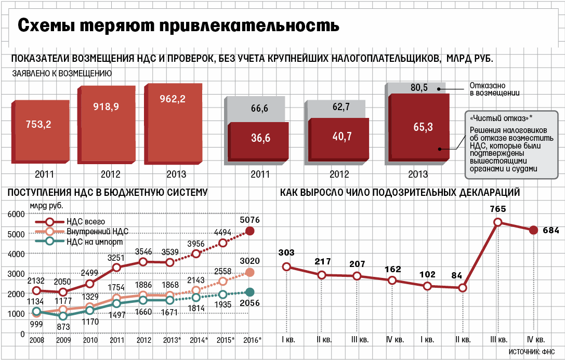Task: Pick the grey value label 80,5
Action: tap(419, 88)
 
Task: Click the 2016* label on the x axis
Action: tap(253, 341)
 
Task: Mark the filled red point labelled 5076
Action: tap(250, 231)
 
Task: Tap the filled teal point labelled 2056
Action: tap(250, 292)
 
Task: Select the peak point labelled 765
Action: tap(498, 222)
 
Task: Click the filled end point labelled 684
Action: tap(533, 230)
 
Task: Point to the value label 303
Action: tap(286, 253)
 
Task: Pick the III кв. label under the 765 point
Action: tap(498, 340)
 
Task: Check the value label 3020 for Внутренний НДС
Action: tap(250, 261)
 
